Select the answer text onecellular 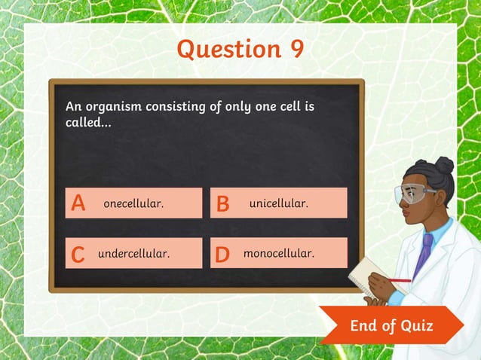point(133,203)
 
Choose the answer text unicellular point(278,203)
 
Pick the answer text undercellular point(133,254)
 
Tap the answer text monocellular point(278,254)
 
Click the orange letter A point(78,203)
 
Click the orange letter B point(223,203)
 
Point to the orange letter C point(78,255)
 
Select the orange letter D point(222,255)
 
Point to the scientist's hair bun point(444,165)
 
